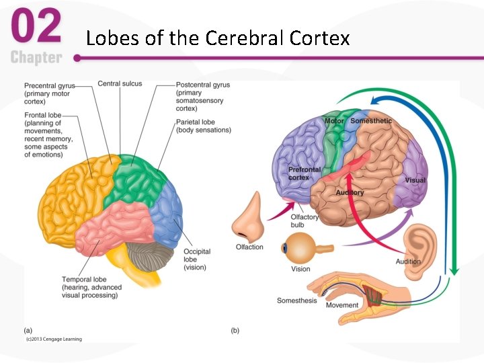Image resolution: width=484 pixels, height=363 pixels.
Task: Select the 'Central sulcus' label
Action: coord(119,84)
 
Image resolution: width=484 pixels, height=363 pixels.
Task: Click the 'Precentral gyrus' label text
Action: coord(50,85)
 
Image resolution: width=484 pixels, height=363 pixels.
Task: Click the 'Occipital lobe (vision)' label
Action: coord(197,259)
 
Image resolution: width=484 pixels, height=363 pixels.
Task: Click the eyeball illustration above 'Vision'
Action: coord(300,248)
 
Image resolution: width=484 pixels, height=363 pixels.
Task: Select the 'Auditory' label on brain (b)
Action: coord(350,193)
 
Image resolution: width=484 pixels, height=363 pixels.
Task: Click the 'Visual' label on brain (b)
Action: coord(415,181)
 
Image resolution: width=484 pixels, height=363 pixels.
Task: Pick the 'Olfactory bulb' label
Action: coord(304,221)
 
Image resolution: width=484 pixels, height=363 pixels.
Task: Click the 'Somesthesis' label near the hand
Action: coord(296,300)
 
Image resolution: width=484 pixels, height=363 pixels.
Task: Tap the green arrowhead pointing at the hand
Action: coord(455,270)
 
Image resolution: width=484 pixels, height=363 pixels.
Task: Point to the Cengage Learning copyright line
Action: coord(54,339)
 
